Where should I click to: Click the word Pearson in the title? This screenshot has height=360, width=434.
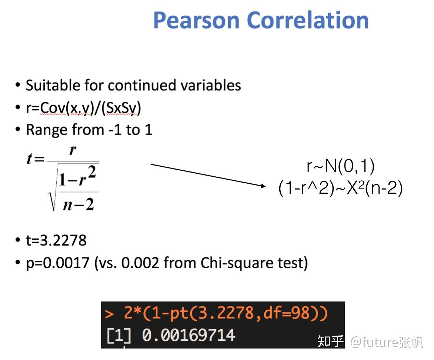(196, 20)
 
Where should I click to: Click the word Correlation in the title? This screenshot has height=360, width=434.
(307, 20)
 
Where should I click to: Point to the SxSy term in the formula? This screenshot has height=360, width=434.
(122, 108)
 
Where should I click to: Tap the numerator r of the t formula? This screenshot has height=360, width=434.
(73, 151)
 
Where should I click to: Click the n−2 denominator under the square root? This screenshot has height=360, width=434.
(79, 204)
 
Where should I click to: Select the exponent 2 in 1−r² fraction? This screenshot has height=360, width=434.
(91, 172)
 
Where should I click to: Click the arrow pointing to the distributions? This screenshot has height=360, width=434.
(208, 175)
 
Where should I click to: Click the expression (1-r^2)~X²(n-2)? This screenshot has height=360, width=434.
(340, 188)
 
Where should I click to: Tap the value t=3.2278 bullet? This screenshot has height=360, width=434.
(56, 240)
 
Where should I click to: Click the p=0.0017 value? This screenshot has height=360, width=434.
(57, 263)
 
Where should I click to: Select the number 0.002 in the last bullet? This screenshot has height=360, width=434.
(140, 262)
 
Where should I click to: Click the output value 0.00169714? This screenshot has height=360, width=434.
(188, 335)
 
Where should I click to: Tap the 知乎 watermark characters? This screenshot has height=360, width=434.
(330, 341)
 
